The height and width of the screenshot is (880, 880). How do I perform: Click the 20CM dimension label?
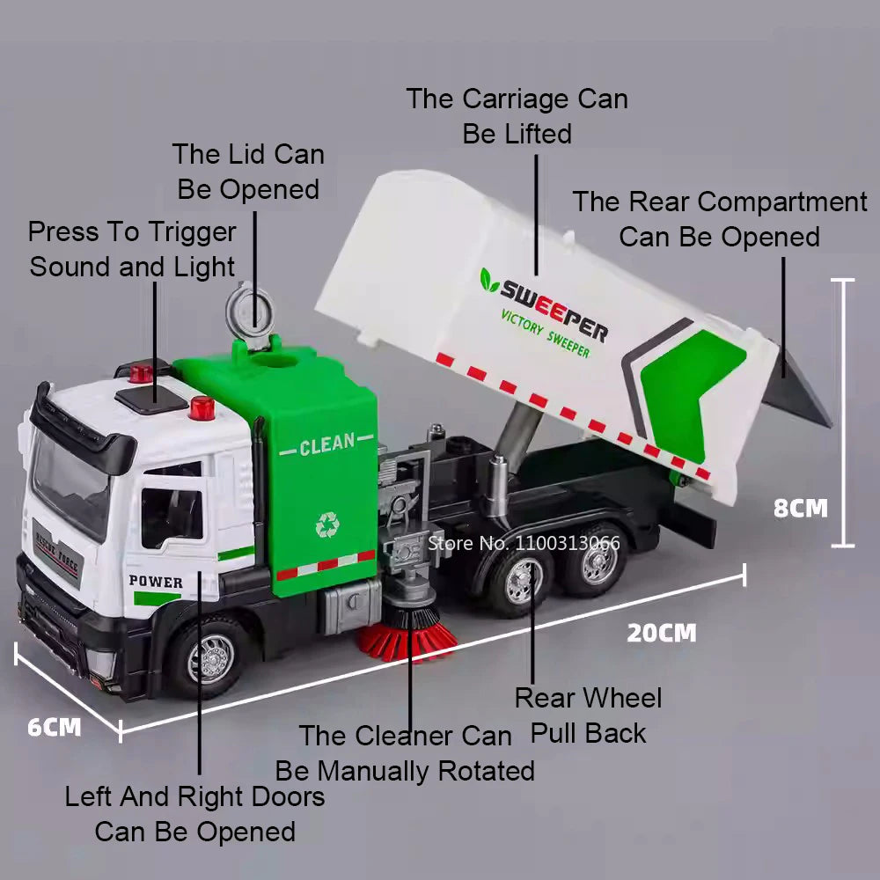[661, 633]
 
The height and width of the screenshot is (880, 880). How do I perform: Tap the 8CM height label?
[800, 508]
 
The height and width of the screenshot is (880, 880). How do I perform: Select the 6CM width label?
[54, 727]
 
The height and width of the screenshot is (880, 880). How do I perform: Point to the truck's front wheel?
[211, 656]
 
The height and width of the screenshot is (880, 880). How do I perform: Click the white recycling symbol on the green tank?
[327, 525]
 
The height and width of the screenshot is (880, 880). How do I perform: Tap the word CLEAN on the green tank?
[326, 445]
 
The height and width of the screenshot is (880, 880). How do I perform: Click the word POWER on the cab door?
[156, 582]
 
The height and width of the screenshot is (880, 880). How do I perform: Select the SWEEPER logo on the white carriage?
[553, 305]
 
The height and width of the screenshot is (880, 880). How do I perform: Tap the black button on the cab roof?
[150, 398]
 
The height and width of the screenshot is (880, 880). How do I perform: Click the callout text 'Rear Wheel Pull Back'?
[588, 715]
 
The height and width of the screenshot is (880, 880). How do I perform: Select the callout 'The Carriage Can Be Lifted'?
[517, 116]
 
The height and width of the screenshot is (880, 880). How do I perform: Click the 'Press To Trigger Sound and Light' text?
[133, 249]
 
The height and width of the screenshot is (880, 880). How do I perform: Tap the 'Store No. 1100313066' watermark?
[524, 542]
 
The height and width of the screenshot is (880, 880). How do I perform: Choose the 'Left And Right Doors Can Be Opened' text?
[194, 814]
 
